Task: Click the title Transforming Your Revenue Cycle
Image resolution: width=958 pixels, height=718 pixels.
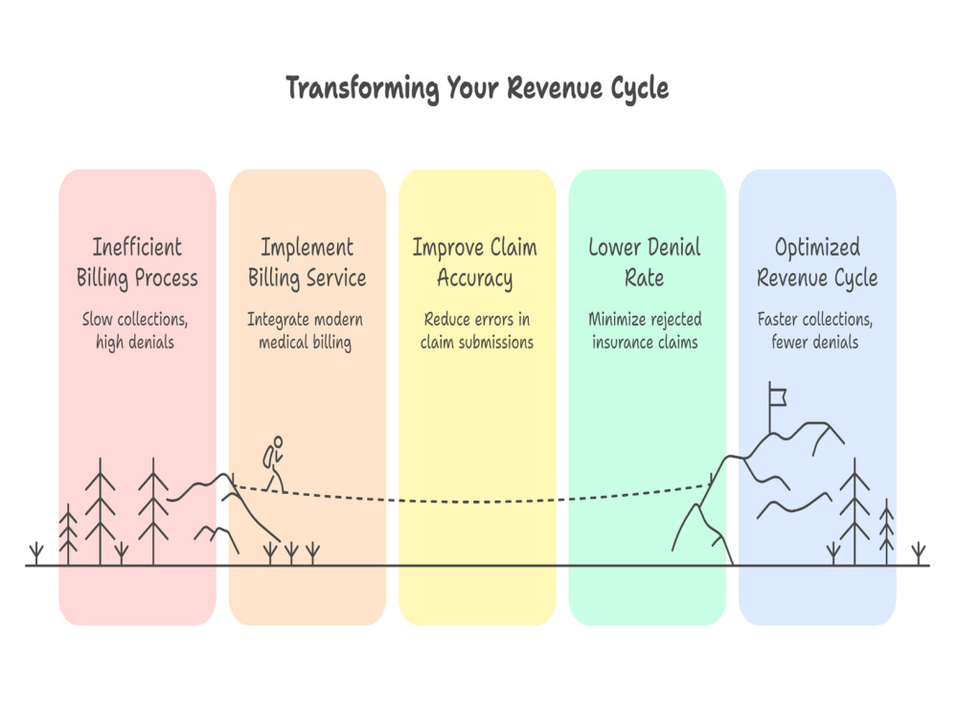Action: (x=477, y=88)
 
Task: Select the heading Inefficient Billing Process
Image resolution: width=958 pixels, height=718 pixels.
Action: (x=137, y=262)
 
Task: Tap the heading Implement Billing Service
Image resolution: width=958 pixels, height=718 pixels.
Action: (x=307, y=262)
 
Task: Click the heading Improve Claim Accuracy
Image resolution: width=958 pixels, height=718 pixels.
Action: (x=475, y=262)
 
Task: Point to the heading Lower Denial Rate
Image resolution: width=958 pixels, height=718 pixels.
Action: (x=645, y=262)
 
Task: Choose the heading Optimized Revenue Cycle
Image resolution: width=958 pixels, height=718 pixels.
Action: (x=817, y=262)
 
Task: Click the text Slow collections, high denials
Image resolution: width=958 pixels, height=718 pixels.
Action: (x=135, y=330)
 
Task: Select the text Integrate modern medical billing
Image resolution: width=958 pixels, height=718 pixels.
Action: (x=305, y=330)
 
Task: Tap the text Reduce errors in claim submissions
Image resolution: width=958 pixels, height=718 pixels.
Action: (x=476, y=330)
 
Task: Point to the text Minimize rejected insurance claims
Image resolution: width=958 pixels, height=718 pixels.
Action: (x=645, y=330)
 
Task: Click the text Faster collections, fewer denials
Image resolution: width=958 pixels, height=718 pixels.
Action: (x=815, y=330)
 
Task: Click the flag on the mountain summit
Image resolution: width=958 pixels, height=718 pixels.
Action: (x=777, y=397)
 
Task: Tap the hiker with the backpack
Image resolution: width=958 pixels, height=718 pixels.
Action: (x=274, y=464)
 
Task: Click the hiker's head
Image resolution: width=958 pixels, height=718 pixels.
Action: (x=279, y=440)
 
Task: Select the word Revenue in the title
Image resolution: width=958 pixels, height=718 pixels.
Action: (x=555, y=88)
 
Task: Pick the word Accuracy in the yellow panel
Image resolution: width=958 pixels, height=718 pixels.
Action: (x=475, y=279)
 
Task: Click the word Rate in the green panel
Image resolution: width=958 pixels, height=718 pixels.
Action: (x=644, y=278)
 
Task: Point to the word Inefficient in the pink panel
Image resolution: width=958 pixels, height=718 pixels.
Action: (x=137, y=247)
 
